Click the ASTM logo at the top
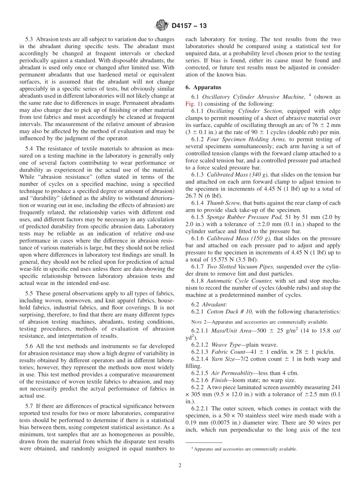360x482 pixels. click(x=162, y=26)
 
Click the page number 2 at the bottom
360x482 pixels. click(x=180, y=465)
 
